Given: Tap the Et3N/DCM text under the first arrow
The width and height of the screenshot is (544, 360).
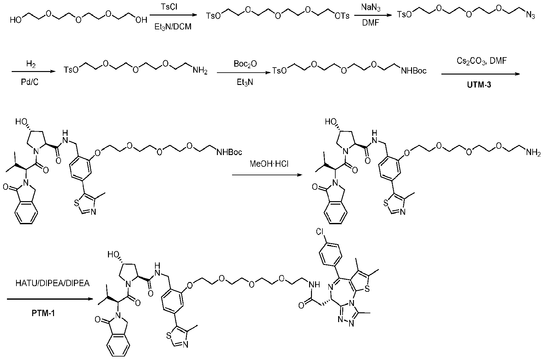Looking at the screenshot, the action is pos(172,27).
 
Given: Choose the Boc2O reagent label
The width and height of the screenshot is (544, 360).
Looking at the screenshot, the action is pos(245,64).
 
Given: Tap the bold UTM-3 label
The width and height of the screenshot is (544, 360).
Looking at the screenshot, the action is pos(479,85).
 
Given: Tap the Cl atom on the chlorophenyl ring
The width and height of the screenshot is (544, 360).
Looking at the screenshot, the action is pos(319,232).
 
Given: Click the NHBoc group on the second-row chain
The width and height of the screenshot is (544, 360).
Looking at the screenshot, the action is pos(414,71).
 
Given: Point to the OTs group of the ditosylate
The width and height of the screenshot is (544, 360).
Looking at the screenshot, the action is pos(342,15).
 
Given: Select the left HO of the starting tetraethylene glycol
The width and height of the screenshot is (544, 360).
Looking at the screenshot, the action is pos(15,20).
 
